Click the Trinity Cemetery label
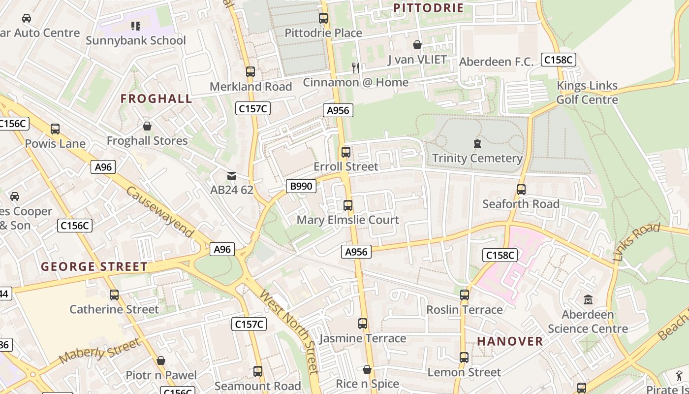pyautogui.click(x=477, y=159)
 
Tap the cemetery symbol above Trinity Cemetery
pyautogui.click(x=477, y=144)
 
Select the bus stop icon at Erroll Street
pyautogui.click(x=346, y=152)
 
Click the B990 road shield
pyautogui.click(x=301, y=186)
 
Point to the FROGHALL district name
pyautogui.click(x=157, y=98)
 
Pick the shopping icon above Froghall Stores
pyautogui.click(x=147, y=127)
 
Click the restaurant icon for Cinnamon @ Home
pyautogui.click(x=356, y=67)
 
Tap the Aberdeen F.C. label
pyautogui.click(x=496, y=62)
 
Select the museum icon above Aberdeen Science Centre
pyautogui.click(x=588, y=299)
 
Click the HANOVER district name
pyautogui.click(x=510, y=341)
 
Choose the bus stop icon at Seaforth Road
pyautogui.click(x=521, y=190)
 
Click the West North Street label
pyautogui.click(x=289, y=331)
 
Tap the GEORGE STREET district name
pyautogui.click(x=94, y=267)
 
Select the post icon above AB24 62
pyautogui.click(x=231, y=176)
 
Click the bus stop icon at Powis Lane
pyautogui.click(x=55, y=129)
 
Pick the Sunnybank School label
pyautogui.click(x=136, y=40)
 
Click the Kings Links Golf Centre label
pyautogui.click(x=587, y=93)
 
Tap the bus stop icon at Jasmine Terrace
pyautogui.click(x=363, y=324)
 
